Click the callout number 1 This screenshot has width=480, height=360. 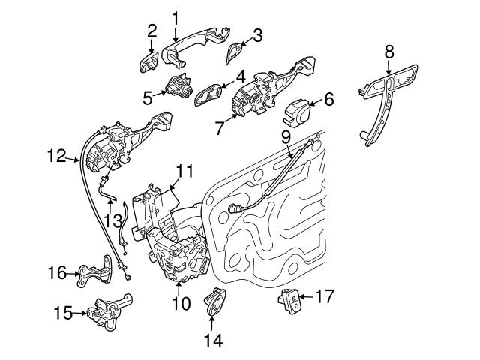(175, 16)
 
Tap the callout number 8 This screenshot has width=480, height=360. (388, 51)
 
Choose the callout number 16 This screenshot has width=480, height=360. (56, 274)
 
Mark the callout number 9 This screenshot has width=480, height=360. (286, 137)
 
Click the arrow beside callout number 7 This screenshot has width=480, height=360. (230, 121)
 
